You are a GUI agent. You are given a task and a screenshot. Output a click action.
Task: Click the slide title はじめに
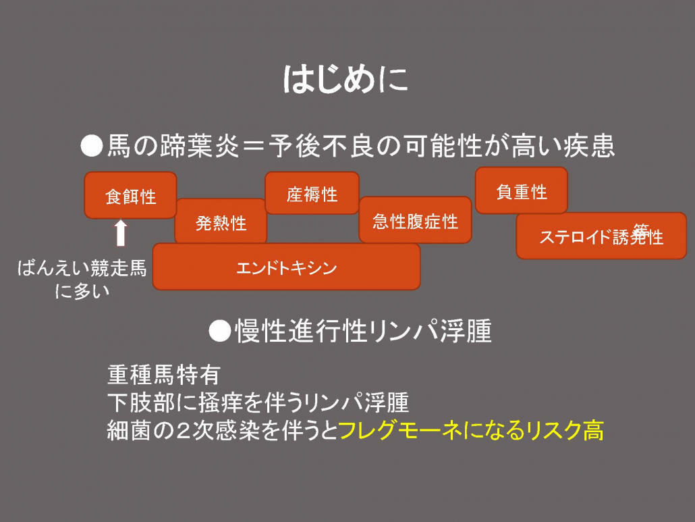pyautogui.click(x=345, y=80)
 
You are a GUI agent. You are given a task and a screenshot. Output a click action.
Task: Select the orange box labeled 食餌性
pyautogui.click(x=131, y=195)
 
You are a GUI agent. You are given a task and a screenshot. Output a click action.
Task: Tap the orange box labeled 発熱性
pyautogui.click(x=221, y=221)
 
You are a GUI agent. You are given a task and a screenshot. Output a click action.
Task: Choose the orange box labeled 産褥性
pyautogui.click(x=312, y=193)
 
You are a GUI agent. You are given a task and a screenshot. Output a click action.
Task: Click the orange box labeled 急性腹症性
pyautogui.click(x=416, y=220)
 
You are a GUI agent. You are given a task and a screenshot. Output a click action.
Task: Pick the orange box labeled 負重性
pyautogui.click(x=521, y=190)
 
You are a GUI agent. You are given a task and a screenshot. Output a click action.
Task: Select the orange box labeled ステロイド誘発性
pyautogui.click(x=601, y=236)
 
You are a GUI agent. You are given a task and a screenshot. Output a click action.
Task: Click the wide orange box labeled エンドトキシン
pyautogui.click(x=286, y=267)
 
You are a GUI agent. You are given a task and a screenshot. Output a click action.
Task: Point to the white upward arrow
pyautogui.click(x=121, y=233)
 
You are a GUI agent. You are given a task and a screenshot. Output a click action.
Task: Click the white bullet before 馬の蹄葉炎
pyautogui.click(x=92, y=146)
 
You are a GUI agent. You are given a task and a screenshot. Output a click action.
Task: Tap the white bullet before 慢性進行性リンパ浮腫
pyautogui.click(x=220, y=331)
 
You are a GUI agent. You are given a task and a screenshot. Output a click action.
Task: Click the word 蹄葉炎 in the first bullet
pyautogui.click(x=200, y=146)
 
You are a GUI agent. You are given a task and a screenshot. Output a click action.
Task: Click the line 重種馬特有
pyautogui.click(x=164, y=375)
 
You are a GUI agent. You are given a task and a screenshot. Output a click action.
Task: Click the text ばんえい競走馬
pyautogui.click(x=82, y=268)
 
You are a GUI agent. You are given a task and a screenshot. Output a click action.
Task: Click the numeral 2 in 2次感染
pyautogui.click(x=183, y=431)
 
